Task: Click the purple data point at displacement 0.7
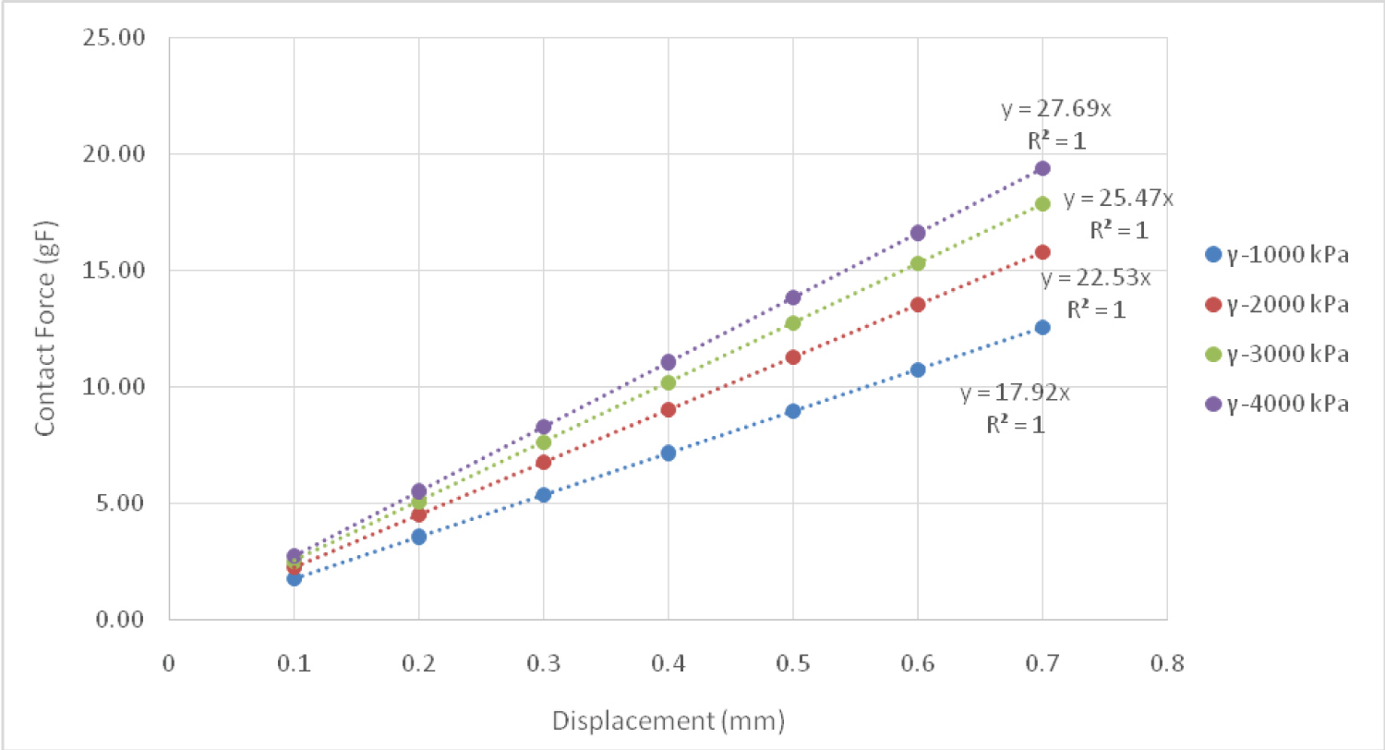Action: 1042,168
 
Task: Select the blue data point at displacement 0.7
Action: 1042,327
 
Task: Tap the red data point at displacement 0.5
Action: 793,357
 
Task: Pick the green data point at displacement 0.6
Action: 918,263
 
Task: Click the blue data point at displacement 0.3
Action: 543,494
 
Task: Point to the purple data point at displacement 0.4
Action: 668,362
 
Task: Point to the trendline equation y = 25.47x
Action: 1118,199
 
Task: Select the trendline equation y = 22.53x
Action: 1096,279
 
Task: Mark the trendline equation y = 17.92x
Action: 1015,393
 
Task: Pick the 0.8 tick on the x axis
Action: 1167,663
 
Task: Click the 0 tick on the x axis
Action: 168,663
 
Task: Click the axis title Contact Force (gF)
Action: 44,329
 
